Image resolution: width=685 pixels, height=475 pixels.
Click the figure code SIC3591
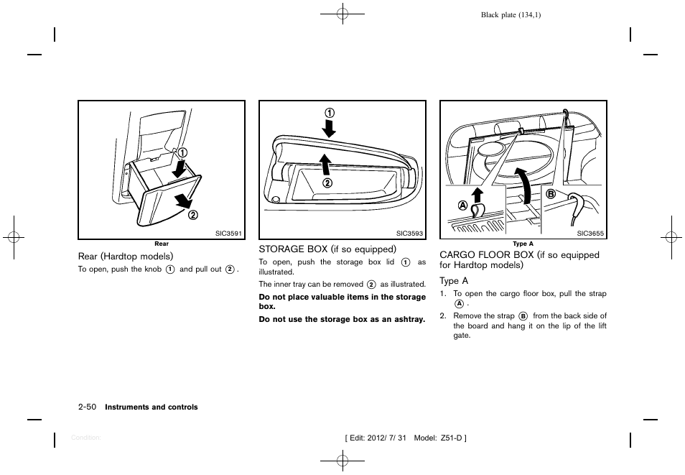click(x=229, y=234)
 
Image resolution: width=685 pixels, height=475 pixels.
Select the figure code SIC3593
click(x=410, y=234)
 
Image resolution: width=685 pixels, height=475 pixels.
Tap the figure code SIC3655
click(x=591, y=234)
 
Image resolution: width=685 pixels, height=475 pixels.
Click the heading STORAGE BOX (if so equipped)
click(x=327, y=249)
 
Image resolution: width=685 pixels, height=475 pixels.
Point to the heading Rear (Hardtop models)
click(x=126, y=256)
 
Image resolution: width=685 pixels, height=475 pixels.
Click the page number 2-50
click(x=88, y=407)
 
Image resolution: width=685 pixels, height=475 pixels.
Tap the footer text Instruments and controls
click(x=152, y=407)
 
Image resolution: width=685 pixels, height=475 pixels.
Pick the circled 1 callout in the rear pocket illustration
click(x=183, y=152)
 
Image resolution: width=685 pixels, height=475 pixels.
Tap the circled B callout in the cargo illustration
click(x=551, y=194)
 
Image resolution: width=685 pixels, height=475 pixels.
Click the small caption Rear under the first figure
click(x=162, y=244)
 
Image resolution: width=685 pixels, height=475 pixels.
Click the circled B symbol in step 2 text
click(x=523, y=315)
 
